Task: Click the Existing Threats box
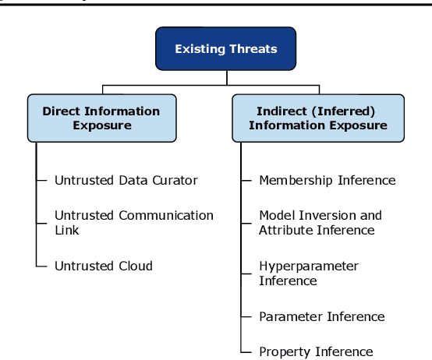coord(226,49)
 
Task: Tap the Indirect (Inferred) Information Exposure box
coord(317,118)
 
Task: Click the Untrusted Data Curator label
coord(126,180)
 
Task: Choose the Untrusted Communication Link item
coord(133,222)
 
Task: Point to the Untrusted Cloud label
coord(103,266)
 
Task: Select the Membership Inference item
coord(327,180)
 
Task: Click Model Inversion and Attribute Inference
coord(320,222)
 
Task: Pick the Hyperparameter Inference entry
coord(308,273)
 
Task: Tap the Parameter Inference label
coord(321,316)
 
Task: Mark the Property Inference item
coord(316,351)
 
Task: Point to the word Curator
coord(175,180)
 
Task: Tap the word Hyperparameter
coord(308,266)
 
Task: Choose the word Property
coord(284,351)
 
